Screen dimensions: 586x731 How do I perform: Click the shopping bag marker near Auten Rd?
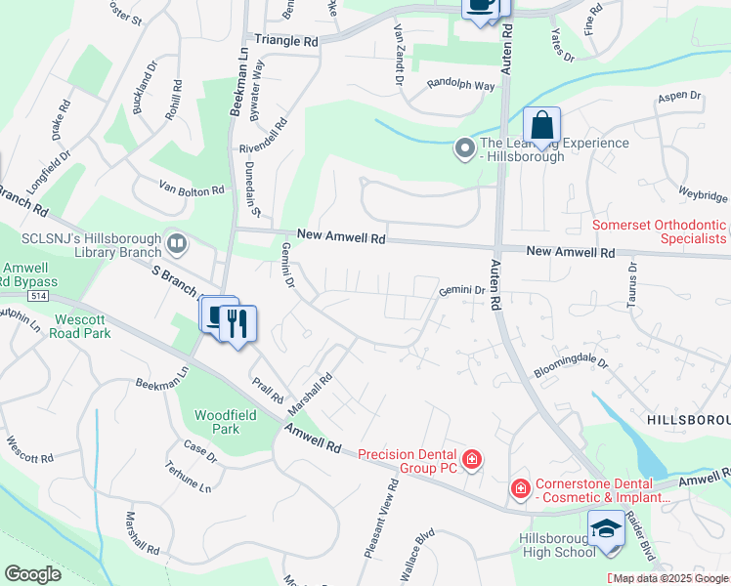tap(541, 127)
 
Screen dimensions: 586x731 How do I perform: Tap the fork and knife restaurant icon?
tap(236, 322)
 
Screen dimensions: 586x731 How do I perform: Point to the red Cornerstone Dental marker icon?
tap(520, 486)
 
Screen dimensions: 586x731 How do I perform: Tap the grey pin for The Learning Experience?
tap(465, 148)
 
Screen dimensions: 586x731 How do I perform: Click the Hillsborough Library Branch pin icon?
tap(177, 241)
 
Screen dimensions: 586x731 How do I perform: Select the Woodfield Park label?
tap(217, 422)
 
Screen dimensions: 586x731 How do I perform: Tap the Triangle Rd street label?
tap(286, 42)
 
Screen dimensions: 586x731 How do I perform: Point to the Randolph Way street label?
tap(461, 85)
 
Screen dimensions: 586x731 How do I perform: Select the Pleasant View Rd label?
tap(381, 521)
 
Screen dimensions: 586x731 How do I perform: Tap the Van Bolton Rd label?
tap(192, 190)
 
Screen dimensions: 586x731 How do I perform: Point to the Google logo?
tap(32, 574)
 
